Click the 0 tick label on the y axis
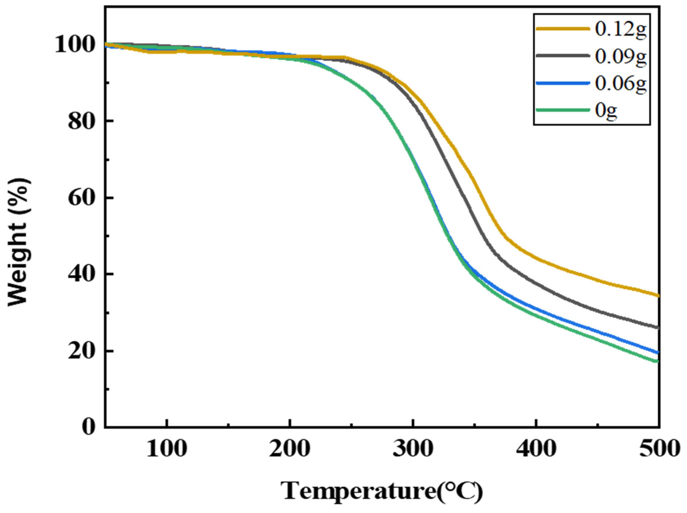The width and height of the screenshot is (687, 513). coord(89,427)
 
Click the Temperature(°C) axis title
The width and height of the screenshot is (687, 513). coord(382,491)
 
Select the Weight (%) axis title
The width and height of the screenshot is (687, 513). coord(19,242)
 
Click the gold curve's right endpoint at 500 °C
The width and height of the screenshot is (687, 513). coord(657,295)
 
